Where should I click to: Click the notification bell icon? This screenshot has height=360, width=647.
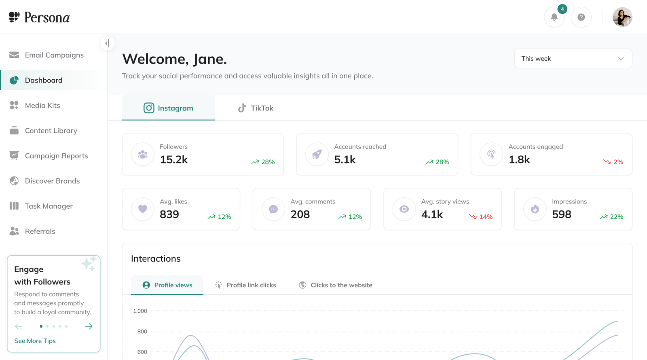554,17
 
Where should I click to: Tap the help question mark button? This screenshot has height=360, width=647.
581,17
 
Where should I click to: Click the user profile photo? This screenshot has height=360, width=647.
622,17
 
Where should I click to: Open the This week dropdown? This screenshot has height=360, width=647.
573,58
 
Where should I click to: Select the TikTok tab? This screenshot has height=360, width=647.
255,108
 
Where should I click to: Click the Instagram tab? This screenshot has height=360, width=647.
168,108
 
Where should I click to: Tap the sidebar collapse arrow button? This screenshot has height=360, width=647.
108,43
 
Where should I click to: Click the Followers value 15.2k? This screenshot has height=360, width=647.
174,159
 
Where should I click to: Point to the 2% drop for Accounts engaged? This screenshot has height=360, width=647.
613,162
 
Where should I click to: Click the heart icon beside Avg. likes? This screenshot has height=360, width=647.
143,209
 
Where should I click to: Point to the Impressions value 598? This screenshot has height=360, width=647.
562,214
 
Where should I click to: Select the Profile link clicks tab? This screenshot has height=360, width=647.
246,285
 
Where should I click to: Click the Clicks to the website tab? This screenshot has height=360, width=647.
335,285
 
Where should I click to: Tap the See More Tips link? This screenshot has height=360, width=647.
35,341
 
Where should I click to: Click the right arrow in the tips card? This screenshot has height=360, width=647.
89,326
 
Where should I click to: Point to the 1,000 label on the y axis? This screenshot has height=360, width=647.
140,311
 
